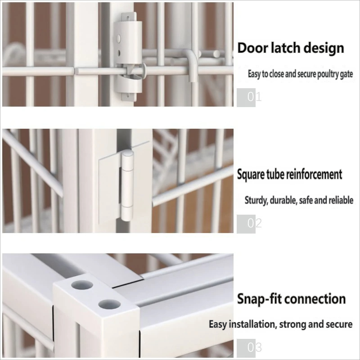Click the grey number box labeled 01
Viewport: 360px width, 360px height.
click(246, 97)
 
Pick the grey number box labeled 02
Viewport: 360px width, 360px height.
click(246, 224)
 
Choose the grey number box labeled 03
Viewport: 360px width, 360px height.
click(246, 348)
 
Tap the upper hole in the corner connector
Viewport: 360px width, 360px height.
click(82, 285)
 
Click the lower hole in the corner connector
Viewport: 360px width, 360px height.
click(109, 305)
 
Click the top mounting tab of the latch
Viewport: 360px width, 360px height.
click(129, 17)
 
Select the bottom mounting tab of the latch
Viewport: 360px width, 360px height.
click(129, 97)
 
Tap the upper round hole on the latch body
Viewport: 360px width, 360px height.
click(119, 38)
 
